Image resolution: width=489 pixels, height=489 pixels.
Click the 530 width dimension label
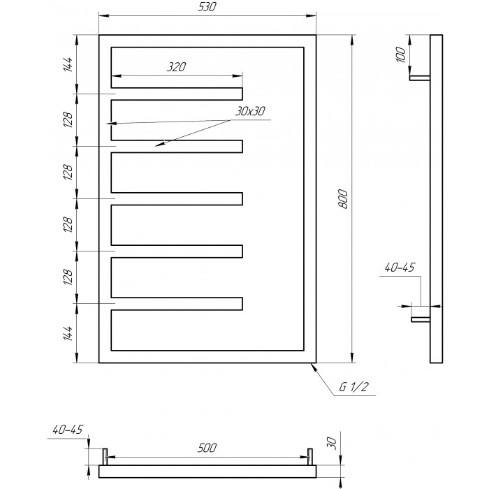click(x=207, y=7)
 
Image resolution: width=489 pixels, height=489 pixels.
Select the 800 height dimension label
click(x=342, y=198)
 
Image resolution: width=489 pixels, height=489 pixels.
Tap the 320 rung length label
click(x=176, y=67)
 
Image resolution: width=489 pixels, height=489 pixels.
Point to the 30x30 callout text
click(x=250, y=111)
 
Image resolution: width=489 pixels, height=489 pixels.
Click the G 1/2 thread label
click(x=354, y=387)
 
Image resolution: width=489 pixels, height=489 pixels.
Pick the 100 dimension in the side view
click(x=401, y=54)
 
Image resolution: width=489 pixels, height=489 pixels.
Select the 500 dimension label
click(x=207, y=448)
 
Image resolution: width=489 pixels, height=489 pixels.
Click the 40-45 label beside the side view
click(x=400, y=268)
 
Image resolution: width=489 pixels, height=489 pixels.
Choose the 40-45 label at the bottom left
click(x=68, y=430)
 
